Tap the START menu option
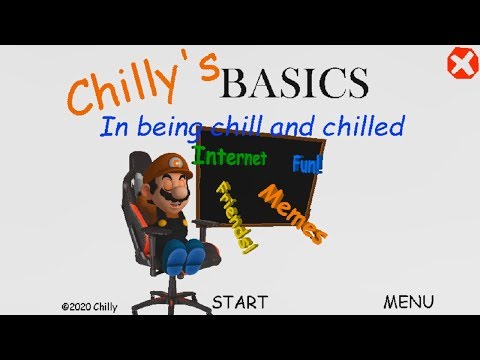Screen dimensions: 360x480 [x=240, y=301]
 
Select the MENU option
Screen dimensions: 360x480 [x=408, y=301]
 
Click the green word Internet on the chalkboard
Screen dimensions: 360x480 [x=231, y=157]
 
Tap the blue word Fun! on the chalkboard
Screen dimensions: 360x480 [x=307, y=162]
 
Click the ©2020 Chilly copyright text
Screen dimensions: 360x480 [x=89, y=308]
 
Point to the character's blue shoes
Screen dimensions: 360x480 [x=187, y=259]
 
